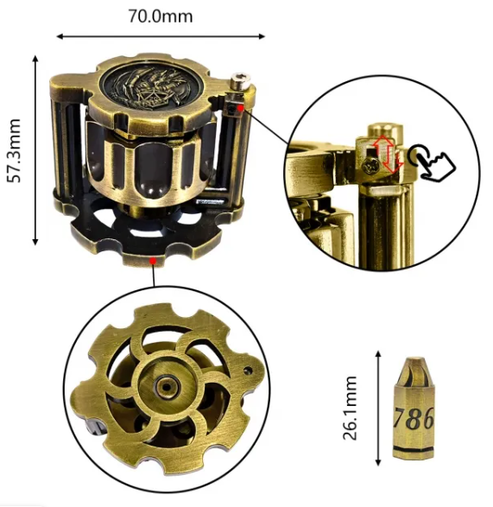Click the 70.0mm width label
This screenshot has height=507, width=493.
[161, 16]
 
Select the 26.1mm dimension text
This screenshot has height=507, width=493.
[350, 408]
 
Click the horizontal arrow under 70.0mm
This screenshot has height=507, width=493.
[161, 36]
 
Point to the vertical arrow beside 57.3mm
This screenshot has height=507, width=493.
[35, 149]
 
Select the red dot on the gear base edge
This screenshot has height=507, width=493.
[152, 257]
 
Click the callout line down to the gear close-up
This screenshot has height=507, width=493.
[153, 274]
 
